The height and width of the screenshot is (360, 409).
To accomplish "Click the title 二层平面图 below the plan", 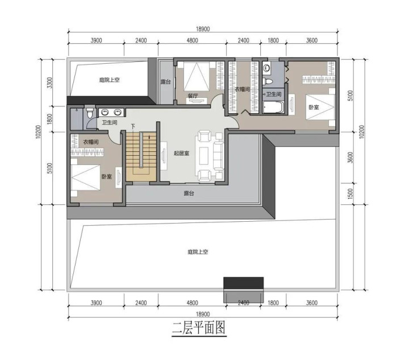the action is point(199,328).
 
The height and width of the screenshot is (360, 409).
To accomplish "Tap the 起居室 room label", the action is point(181,153).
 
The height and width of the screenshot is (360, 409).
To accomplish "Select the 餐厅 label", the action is point(193,96).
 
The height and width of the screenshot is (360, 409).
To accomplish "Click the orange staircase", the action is point(141,156).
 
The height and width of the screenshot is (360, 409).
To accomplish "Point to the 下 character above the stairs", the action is point(133,127).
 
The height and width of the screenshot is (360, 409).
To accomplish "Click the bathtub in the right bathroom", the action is point(273,107).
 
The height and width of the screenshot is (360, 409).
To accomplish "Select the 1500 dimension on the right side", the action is point(350,194).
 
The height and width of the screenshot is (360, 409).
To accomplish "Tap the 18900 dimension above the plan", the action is point(203,29).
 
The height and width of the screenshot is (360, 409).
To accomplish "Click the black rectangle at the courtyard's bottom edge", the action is point(243,283).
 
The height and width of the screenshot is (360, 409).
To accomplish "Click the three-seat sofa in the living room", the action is point(219,156).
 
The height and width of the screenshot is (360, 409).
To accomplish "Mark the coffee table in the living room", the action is point(204,156).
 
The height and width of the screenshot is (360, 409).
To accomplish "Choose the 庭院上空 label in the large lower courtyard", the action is point(198,252).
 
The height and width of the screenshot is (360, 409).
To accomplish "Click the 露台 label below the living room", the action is point(189,193).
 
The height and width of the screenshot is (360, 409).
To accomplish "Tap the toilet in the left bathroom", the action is point(90,112).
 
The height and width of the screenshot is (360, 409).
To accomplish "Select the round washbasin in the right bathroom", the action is point(267,68).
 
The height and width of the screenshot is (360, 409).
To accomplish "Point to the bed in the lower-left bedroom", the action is point(85,177).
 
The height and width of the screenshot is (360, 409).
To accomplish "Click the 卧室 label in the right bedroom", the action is point(314,107).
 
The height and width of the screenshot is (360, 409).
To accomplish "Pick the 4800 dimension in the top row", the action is point(192,40).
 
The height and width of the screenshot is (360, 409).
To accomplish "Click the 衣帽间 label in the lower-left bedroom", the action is point(91,142).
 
